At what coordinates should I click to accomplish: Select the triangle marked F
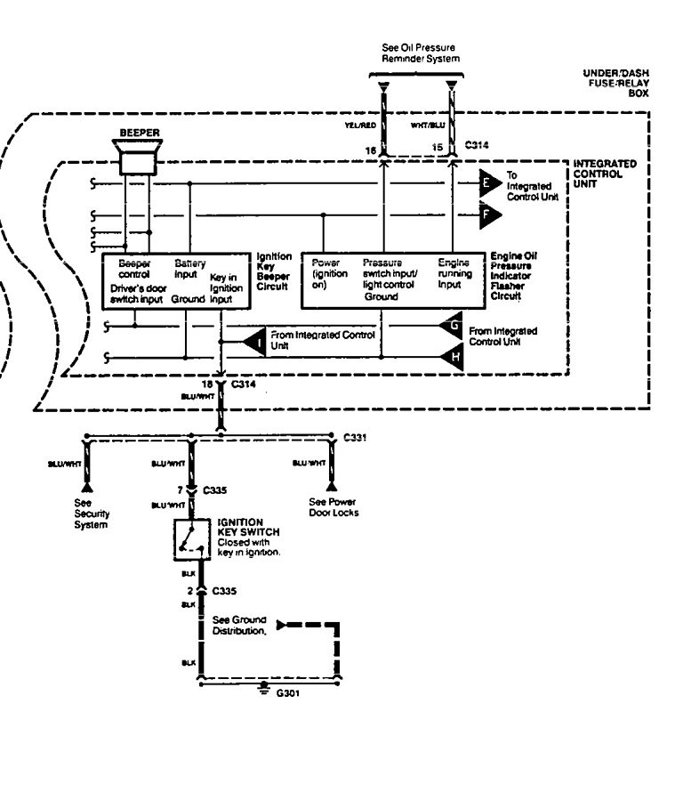point(489,214)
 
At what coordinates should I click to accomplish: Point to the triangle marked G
point(452,326)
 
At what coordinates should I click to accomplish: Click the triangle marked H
point(452,358)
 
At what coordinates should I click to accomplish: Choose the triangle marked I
point(256,341)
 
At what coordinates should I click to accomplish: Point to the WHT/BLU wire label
point(428,125)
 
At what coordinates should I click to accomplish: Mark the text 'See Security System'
point(91,514)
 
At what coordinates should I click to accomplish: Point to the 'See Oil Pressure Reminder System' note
point(421,53)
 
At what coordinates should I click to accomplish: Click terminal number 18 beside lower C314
point(206,384)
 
